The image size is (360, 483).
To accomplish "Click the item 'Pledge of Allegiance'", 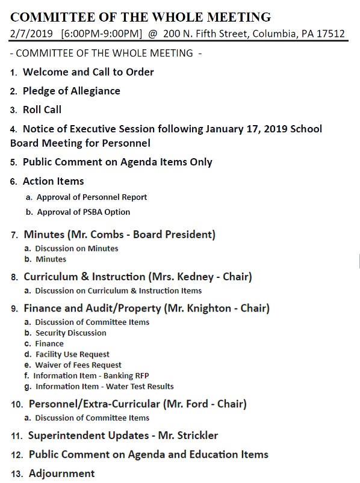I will coord(71,91).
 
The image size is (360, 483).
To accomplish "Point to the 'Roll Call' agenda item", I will coord(42,109).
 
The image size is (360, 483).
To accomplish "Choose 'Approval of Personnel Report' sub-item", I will coord(92,197).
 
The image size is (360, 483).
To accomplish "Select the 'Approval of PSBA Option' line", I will coord(83,212).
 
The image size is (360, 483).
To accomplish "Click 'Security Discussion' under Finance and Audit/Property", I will coord(70,333).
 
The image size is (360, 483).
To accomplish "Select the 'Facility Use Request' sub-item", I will coord(72,354).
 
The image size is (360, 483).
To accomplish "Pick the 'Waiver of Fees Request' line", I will coord(78,365).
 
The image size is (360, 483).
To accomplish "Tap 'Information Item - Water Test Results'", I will coord(104,387).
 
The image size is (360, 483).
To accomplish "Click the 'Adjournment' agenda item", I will coord(61,473).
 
